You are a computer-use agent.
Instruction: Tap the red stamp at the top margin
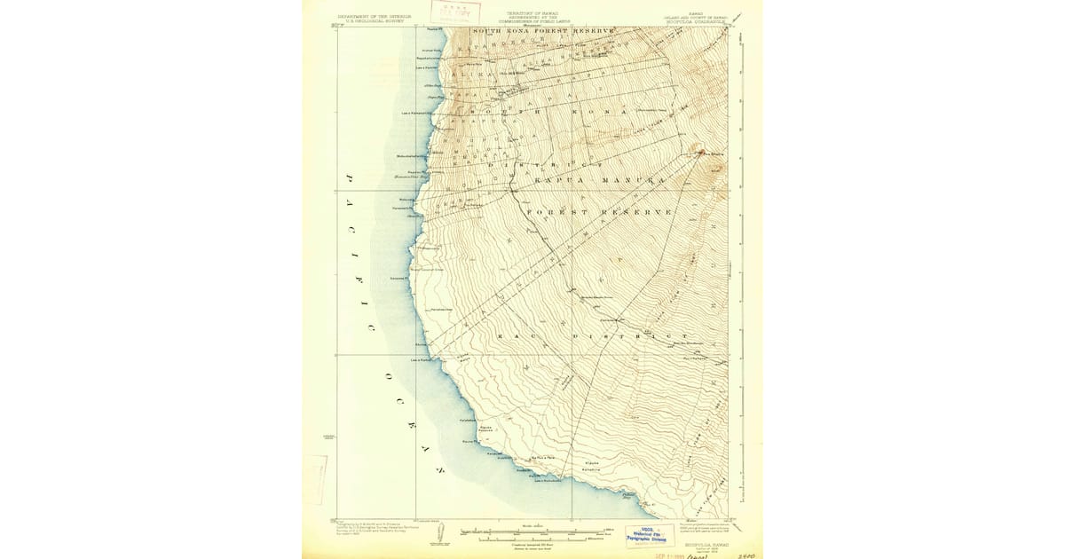click(452, 12)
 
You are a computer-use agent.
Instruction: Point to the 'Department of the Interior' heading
click(375, 15)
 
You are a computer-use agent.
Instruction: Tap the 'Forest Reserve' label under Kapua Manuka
click(599, 212)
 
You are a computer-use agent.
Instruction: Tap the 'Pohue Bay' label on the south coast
click(631, 496)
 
